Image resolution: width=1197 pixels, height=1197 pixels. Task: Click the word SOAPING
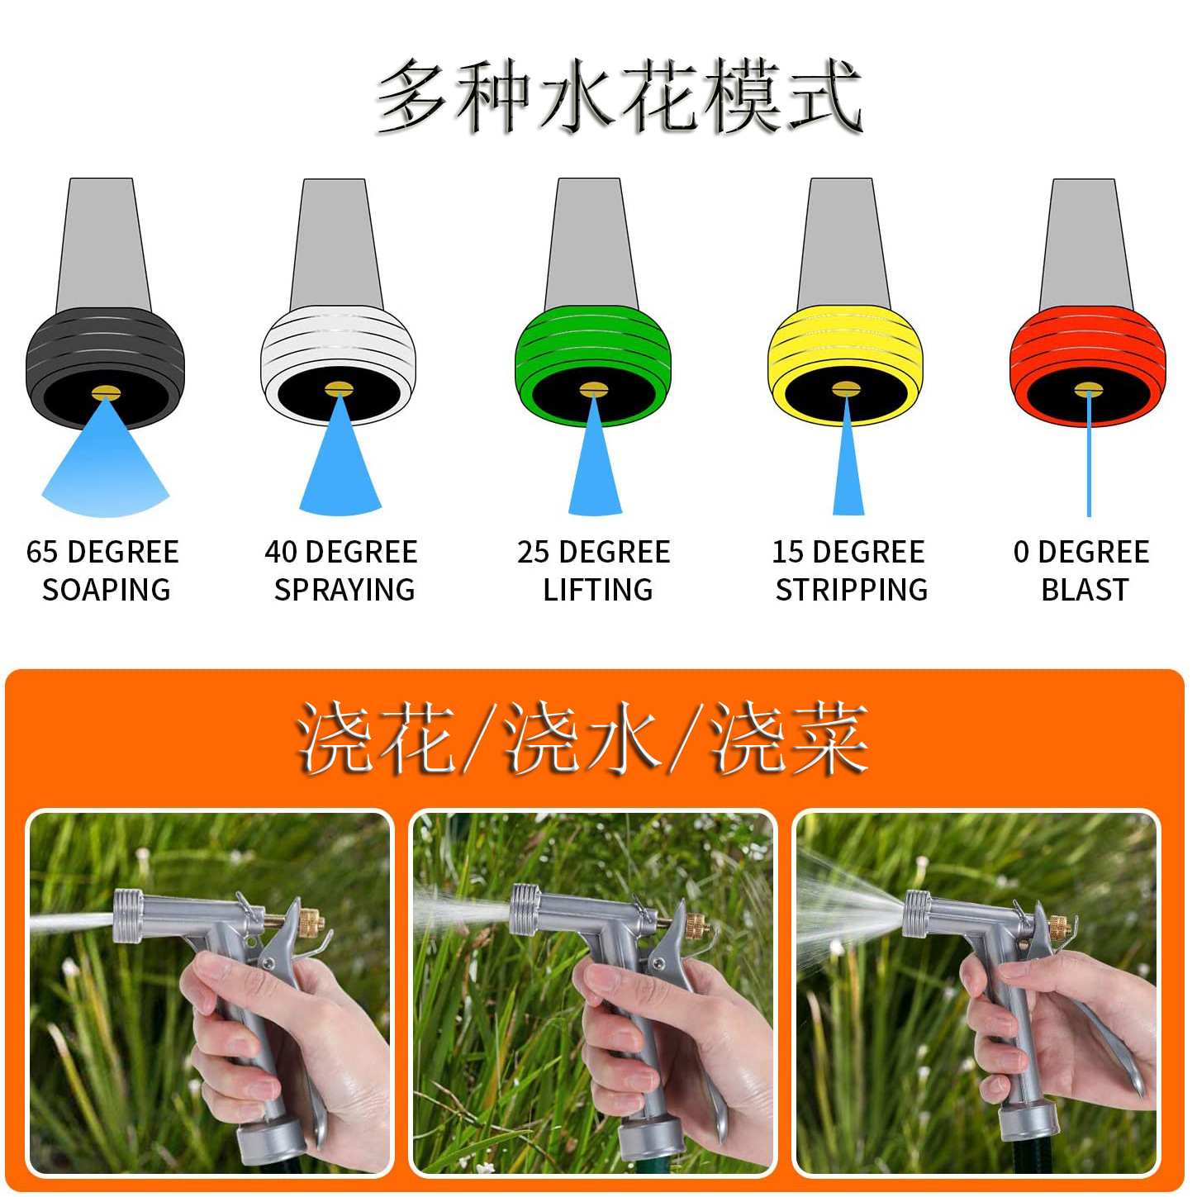[106, 590]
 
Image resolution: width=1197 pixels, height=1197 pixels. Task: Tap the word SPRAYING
[344, 590]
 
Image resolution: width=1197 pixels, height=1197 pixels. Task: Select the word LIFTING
[598, 590]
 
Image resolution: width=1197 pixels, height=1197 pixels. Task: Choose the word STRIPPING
[852, 590]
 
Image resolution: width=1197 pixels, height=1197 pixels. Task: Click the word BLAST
[1085, 590]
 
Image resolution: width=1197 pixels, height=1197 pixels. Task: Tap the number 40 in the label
[281, 552]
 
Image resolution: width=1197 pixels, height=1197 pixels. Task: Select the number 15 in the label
[787, 552]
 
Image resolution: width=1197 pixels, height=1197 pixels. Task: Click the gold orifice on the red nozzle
[1088, 389]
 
